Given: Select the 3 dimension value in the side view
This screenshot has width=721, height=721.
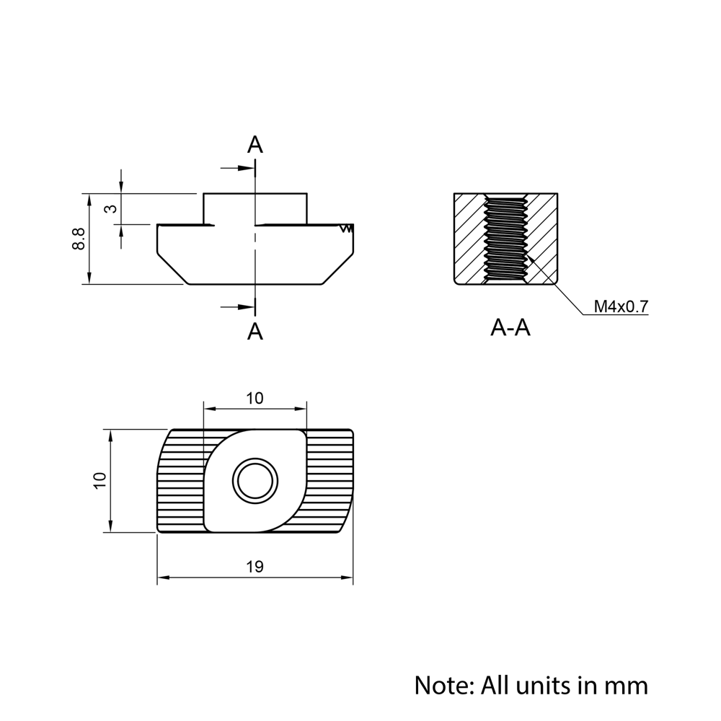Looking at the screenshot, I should coord(110,209).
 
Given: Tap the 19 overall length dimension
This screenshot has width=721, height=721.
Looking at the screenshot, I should coord(255,567).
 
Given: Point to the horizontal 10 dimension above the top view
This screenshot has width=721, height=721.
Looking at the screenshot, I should coord(255,398).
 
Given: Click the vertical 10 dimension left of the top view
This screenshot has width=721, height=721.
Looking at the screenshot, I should coord(99,481).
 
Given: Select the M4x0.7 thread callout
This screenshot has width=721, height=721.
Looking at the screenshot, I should coord(621,306).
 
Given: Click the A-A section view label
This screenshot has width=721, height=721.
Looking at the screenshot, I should coord(510,328).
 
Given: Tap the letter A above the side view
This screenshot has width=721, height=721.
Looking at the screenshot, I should coord(255,145).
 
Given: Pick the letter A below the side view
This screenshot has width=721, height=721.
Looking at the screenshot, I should coord(255,332).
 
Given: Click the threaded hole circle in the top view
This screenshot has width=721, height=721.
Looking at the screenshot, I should coord(255,481).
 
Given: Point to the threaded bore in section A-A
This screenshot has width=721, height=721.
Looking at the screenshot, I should coord(505,238).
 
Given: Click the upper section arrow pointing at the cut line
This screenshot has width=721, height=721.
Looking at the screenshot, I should coord(238,168).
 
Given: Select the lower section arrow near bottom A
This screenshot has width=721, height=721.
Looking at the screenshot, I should coord(238,308).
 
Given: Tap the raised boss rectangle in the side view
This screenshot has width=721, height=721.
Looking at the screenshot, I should coord(255,208).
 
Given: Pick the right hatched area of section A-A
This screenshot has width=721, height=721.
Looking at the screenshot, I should coord(542,238).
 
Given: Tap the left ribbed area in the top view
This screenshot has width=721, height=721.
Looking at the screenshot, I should coord(180,481).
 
